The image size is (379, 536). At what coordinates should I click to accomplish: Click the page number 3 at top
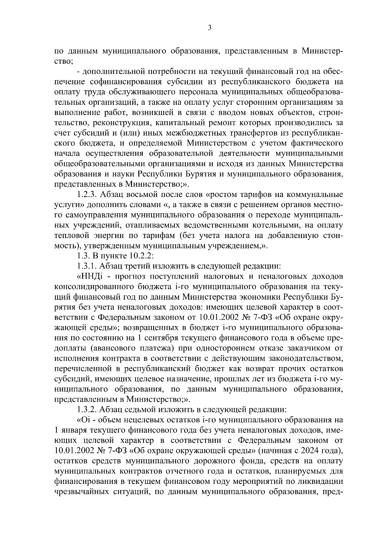click(210, 28)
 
